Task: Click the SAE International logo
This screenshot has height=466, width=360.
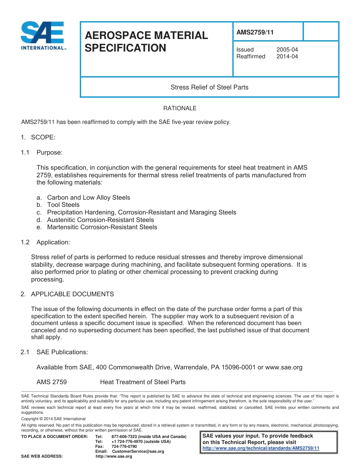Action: point(42,36)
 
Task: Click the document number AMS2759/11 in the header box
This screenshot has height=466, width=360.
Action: point(255,32)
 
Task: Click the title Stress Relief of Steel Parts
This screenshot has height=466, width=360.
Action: point(209,87)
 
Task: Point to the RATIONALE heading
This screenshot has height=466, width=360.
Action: point(180,108)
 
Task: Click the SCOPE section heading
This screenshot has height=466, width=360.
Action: point(43,137)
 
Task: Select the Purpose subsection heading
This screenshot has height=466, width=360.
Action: point(49,152)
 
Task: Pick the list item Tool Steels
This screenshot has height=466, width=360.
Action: point(63,205)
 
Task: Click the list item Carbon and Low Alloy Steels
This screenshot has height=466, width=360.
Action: point(88,197)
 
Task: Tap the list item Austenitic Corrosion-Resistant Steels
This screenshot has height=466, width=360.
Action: point(100,220)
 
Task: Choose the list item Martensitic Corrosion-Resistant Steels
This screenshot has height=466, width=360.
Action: point(102,227)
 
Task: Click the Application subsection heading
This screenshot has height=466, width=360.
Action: point(53,242)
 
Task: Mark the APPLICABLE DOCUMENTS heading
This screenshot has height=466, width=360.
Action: point(72,294)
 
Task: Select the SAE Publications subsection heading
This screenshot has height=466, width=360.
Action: point(62,352)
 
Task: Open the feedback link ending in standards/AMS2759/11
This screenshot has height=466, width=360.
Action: point(261,448)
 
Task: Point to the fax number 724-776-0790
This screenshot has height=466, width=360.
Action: point(124,446)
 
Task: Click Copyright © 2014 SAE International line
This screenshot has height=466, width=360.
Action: point(53,419)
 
